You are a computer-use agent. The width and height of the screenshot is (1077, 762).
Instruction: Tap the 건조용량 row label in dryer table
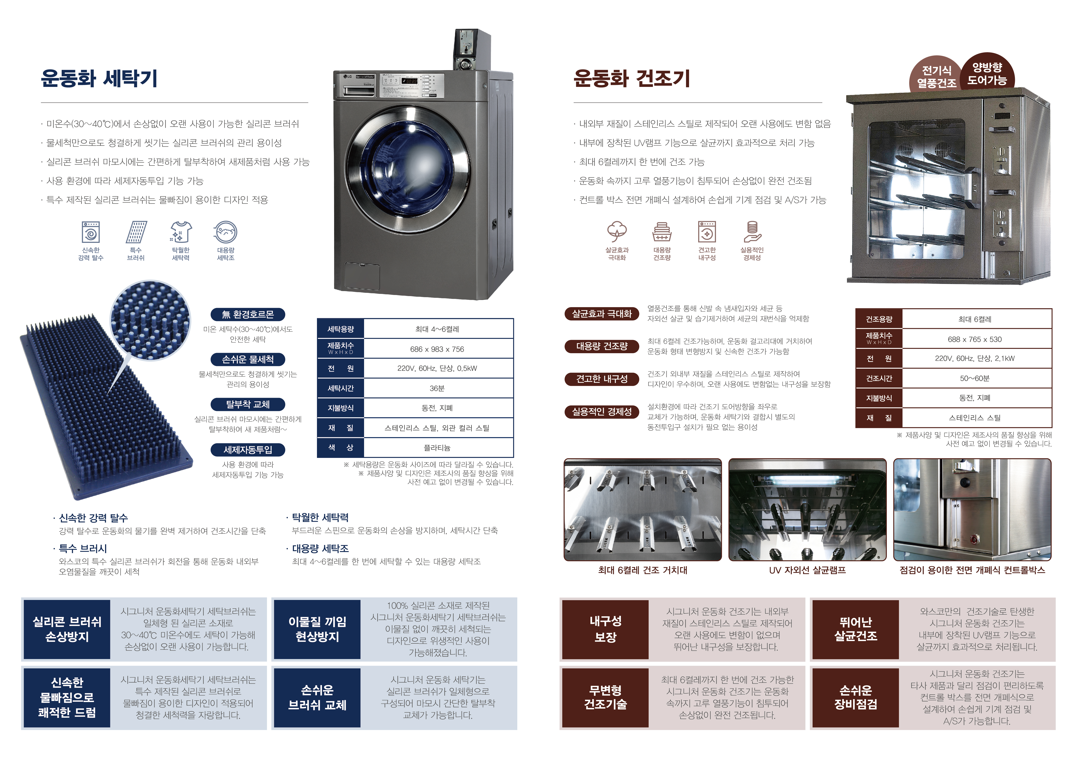[x=879, y=319]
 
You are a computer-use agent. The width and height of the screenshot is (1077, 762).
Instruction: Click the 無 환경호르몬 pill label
[x=248, y=314]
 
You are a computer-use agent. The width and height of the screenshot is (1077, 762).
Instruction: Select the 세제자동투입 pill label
[x=248, y=449]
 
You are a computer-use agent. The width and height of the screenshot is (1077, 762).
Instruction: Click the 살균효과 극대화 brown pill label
[x=602, y=313]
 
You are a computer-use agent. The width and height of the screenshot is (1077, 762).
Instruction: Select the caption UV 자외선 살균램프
[x=807, y=570]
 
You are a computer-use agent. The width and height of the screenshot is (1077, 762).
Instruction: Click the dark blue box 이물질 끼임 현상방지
[x=317, y=629]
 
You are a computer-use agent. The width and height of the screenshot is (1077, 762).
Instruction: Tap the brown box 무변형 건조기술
[x=605, y=697]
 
